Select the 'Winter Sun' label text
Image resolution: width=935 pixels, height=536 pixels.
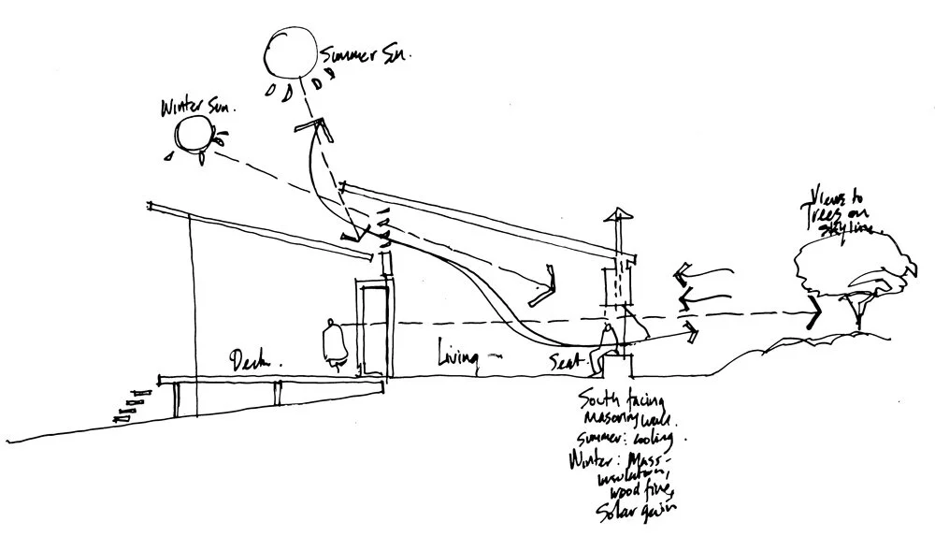coord(200,105)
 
